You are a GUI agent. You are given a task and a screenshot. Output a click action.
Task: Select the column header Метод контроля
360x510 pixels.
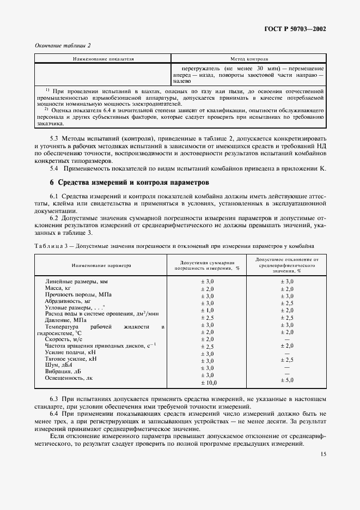pyautogui.click(x=249, y=58)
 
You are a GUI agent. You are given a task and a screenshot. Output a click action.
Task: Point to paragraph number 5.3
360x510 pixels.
pyautogui.click(x=55, y=139)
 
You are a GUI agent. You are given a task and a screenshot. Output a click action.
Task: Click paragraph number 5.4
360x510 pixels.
pyautogui.click(x=55, y=168)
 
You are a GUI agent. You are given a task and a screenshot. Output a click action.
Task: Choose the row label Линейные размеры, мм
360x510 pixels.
pyautogui.click(x=74, y=281)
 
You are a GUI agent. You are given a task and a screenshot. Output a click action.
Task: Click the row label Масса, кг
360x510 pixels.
pyautogui.click(x=58, y=288)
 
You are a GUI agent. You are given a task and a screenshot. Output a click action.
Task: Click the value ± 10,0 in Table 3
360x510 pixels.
pyautogui.click(x=208, y=383)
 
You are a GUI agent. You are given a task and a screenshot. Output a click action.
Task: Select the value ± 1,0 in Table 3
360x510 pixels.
pyautogui.click(x=208, y=310)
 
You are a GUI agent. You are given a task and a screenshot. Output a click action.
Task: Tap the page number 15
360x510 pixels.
pyautogui.click(x=324, y=454)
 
